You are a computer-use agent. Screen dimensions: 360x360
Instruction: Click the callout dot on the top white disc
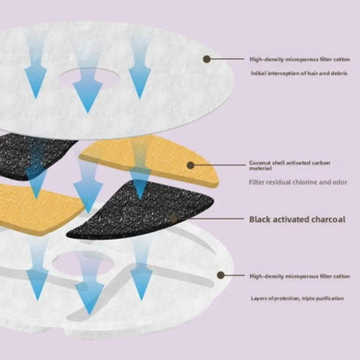(x=207, y=59)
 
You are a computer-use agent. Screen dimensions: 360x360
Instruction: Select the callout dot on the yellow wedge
(x=190, y=165)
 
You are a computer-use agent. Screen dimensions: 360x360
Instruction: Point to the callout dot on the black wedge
(x=173, y=219)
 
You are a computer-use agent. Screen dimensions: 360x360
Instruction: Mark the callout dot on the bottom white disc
(x=221, y=275)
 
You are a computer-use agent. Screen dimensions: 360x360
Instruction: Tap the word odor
(x=338, y=183)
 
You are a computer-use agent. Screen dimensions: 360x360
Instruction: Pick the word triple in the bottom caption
(x=309, y=299)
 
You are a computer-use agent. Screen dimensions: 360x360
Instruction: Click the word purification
(x=331, y=299)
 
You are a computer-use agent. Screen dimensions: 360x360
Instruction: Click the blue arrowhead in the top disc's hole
(x=87, y=96)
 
